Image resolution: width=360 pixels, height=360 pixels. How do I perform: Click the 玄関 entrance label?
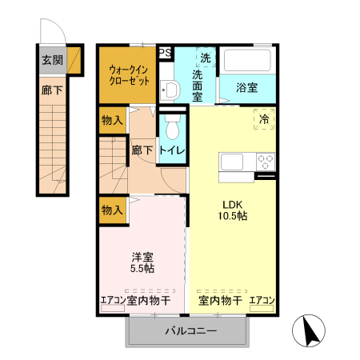click(x=53, y=60)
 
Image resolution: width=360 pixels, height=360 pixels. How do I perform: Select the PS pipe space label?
click(x=165, y=53)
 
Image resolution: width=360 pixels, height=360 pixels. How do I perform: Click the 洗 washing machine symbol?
click(x=206, y=58)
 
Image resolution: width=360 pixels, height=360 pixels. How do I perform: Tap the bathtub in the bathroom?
click(x=247, y=62)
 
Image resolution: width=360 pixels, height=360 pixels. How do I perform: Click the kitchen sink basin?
click(x=236, y=162)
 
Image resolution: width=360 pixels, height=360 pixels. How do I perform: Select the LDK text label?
click(x=233, y=202)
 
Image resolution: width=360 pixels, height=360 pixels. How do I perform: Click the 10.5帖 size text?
click(x=233, y=216)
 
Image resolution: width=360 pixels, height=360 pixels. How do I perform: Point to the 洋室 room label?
click(x=143, y=258)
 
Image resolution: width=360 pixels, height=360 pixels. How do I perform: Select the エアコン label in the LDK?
click(x=262, y=301)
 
